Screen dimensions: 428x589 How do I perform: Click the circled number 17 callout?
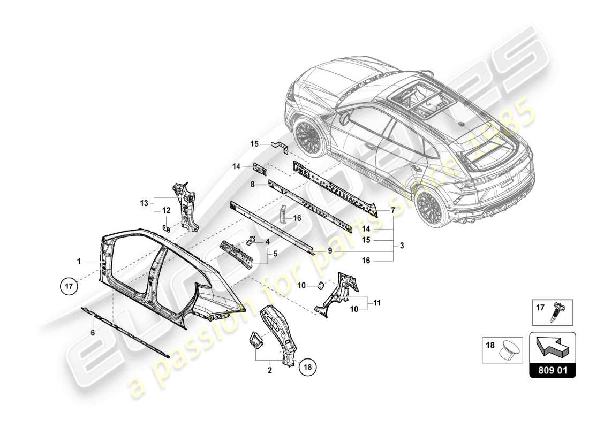click(x=69, y=286)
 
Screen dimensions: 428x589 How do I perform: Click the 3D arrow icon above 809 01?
click(x=553, y=346)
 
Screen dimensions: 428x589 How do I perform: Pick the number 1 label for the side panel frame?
click(x=79, y=262)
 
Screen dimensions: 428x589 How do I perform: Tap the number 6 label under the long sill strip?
click(x=92, y=332)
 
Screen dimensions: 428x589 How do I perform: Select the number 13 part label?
click(x=144, y=203)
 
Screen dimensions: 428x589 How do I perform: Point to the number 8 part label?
click(x=252, y=183)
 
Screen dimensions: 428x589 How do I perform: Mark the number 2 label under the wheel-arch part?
click(x=270, y=370)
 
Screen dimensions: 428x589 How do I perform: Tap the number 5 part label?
click(x=275, y=254)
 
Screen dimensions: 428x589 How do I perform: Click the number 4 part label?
click(x=266, y=241)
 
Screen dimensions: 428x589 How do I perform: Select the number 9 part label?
click(x=330, y=250)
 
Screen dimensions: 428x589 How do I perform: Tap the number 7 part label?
click(x=393, y=211)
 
